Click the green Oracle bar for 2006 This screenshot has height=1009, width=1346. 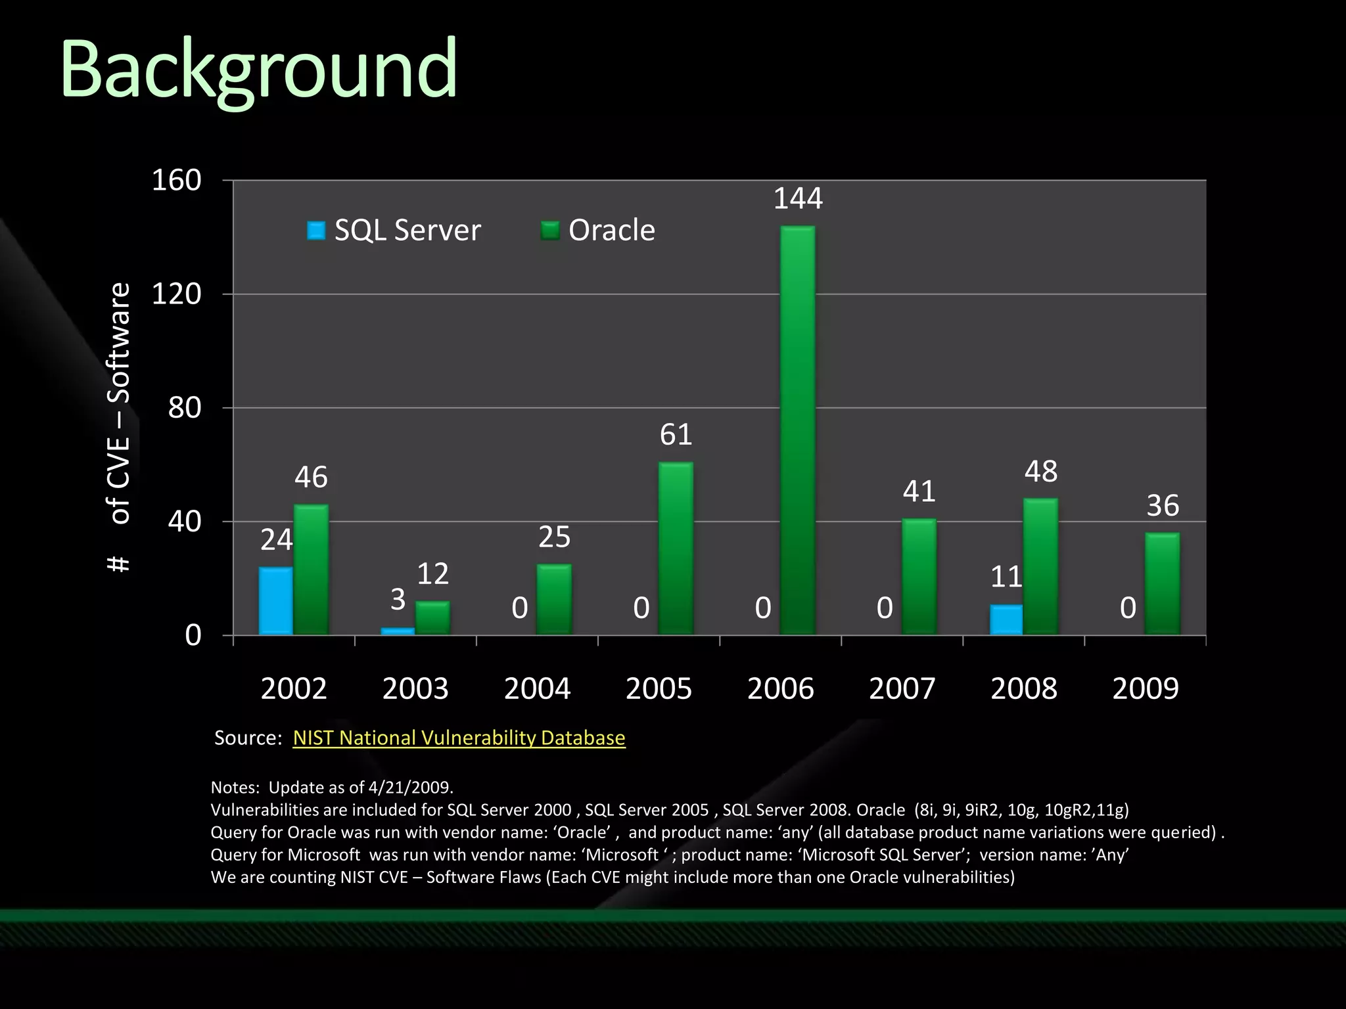coord(798,430)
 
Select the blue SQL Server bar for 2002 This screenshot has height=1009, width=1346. coord(276,600)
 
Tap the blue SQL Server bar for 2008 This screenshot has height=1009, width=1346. coord(1006,619)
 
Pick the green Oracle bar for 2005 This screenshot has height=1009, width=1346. coord(676,549)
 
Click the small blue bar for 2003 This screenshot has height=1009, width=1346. coord(398,631)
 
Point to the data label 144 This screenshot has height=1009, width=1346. coord(798,198)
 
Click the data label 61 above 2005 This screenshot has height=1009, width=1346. coord(676,434)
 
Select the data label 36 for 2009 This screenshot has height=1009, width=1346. coord(1163,505)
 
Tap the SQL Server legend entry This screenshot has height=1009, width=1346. coord(394,231)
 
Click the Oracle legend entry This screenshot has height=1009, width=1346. coord(598,231)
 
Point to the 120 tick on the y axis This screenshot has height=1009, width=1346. coord(176,294)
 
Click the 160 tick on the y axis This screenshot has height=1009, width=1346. coord(176,180)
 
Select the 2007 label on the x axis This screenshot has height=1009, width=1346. coord(902,688)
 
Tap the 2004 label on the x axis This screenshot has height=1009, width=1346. coord(537,688)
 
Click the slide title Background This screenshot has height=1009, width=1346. coord(258,70)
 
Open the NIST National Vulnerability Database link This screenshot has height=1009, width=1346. coord(459,738)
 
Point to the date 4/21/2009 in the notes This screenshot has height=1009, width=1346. coord(409,787)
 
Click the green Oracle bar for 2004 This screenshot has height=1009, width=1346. coord(554,599)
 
